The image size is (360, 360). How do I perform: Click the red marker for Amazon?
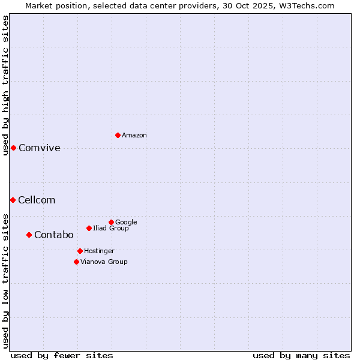tap(118, 135)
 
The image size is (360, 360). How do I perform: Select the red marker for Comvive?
tap(13, 148)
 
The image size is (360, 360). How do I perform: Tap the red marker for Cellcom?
tap(13, 200)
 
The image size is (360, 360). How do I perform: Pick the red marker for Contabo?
tap(29, 235)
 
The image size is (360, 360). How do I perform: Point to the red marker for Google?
tap(111, 222)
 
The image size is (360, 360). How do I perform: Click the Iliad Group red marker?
tap(89, 228)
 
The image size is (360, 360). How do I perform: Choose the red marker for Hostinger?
tap(80, 251)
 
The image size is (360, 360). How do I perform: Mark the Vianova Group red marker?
tap(76, 262)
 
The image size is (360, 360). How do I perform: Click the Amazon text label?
tap(134, 136)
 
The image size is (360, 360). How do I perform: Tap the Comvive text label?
tap(40, 148)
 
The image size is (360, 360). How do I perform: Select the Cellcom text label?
tap(37, 200)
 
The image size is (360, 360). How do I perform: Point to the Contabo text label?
tap(54, 235)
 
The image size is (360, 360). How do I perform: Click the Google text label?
tap(126, 223)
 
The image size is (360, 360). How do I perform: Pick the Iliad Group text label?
tap(111, 229)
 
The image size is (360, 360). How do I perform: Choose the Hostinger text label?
tap(99, 251)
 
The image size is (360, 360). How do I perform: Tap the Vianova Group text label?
tap(104, 262)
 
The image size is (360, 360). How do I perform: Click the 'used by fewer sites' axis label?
tap(62, 356)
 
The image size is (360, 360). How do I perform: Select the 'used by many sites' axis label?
tap(301, 356)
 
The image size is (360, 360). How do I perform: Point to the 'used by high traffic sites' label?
tap(6, 85)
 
